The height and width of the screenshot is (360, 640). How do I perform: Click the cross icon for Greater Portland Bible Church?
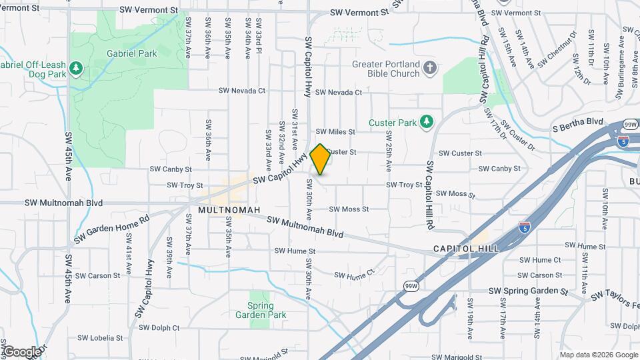(x=431, y=67)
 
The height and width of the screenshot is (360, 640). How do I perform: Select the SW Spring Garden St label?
(x=527, y=291)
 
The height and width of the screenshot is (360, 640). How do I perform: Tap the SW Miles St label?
(x=335, y=132)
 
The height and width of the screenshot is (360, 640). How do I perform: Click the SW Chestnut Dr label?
(x=556, y=50)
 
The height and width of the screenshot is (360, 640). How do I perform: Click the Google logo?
(x=21, y=351)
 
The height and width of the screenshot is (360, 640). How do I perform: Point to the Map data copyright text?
(x=597, y=355)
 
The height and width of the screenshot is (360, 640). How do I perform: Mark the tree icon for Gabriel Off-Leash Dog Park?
(x=77, y=67)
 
